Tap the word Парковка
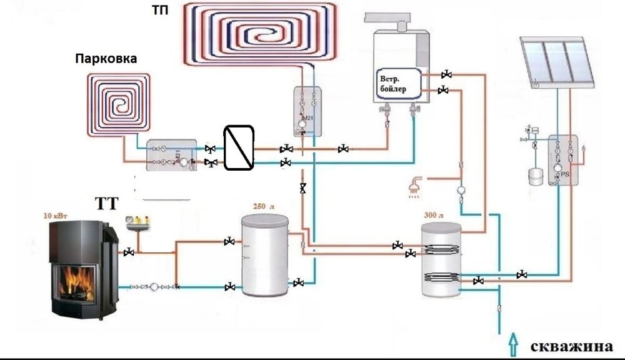pos(106,59)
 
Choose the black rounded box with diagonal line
pos(239,147)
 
